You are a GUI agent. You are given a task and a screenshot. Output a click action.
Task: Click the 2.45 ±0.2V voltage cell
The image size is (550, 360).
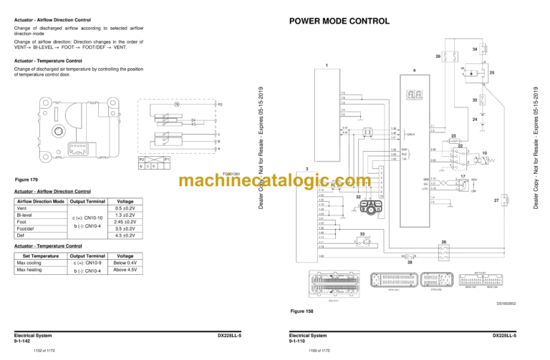point(125,222)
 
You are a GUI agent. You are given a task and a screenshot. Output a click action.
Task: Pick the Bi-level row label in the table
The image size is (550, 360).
point(24,215)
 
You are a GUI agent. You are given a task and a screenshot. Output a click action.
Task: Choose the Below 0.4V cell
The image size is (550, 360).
point(125,263)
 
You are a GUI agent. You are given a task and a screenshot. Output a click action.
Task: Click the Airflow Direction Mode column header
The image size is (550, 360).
point(40,201)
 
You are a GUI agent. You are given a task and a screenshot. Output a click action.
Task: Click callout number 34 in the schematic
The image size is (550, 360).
point(475,49)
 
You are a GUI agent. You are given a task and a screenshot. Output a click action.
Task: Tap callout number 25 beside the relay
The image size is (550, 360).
point(503,73)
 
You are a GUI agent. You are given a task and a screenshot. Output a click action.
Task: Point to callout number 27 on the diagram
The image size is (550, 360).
point(496,201)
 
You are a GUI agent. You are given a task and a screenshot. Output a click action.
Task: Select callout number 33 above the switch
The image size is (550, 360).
point(362,234)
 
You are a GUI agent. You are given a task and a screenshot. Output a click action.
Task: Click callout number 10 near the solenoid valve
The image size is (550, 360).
point(485,153)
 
